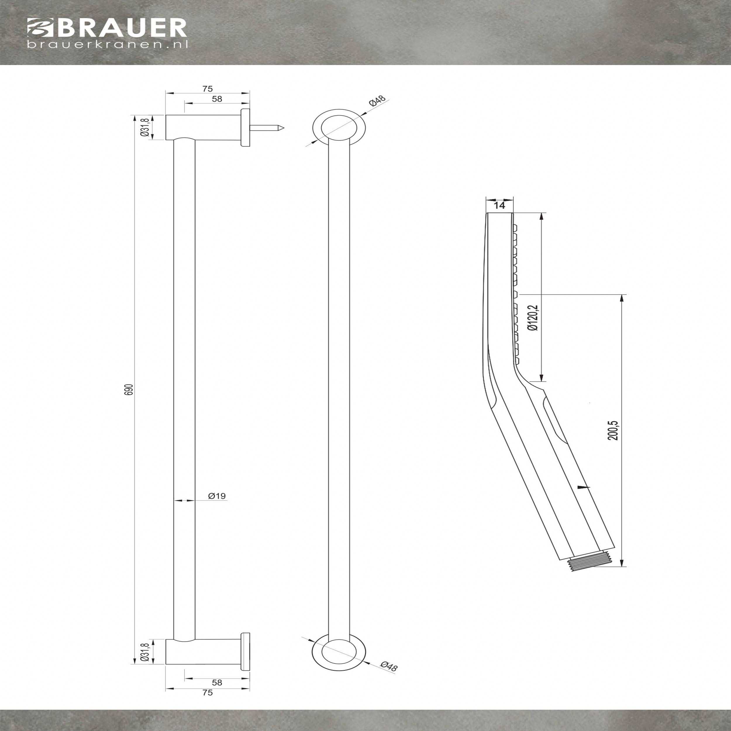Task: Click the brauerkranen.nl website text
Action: point(107,44)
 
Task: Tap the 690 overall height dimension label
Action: point(130,390)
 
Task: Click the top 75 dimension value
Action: point(207,89)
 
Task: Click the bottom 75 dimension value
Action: point(207,693)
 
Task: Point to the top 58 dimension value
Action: point(217,99)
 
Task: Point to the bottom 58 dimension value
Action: point(217,682)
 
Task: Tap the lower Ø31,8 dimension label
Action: point(144,654)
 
